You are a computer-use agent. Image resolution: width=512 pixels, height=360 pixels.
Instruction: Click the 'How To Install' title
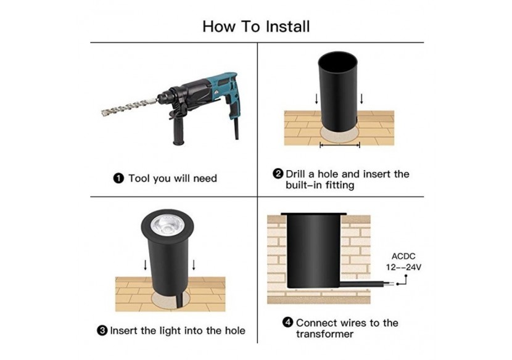[256, 27]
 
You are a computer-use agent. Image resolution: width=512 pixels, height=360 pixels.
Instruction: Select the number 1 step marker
[118, 179]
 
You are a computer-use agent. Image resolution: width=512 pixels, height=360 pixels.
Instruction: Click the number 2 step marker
[278, 174]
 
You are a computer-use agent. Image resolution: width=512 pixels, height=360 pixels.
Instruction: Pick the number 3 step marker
[102, 330]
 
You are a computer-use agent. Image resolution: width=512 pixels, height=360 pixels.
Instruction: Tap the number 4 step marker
[287, 322]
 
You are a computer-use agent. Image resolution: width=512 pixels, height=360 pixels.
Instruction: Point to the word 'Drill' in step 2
[295, 174]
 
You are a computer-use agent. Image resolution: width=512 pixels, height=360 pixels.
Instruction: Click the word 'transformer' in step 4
[324, 334]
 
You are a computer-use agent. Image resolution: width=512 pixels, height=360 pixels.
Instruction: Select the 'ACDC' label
[403, 256]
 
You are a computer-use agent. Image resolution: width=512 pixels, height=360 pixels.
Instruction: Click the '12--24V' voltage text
[403, 268]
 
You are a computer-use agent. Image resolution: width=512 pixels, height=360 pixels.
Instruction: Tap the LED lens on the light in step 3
[167, 225]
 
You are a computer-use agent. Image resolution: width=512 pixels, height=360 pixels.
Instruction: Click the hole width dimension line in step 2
[340, 145]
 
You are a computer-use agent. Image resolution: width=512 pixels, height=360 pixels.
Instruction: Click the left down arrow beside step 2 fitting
[316, 99]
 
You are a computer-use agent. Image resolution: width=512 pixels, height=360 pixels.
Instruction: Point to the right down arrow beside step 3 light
[194, 265]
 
